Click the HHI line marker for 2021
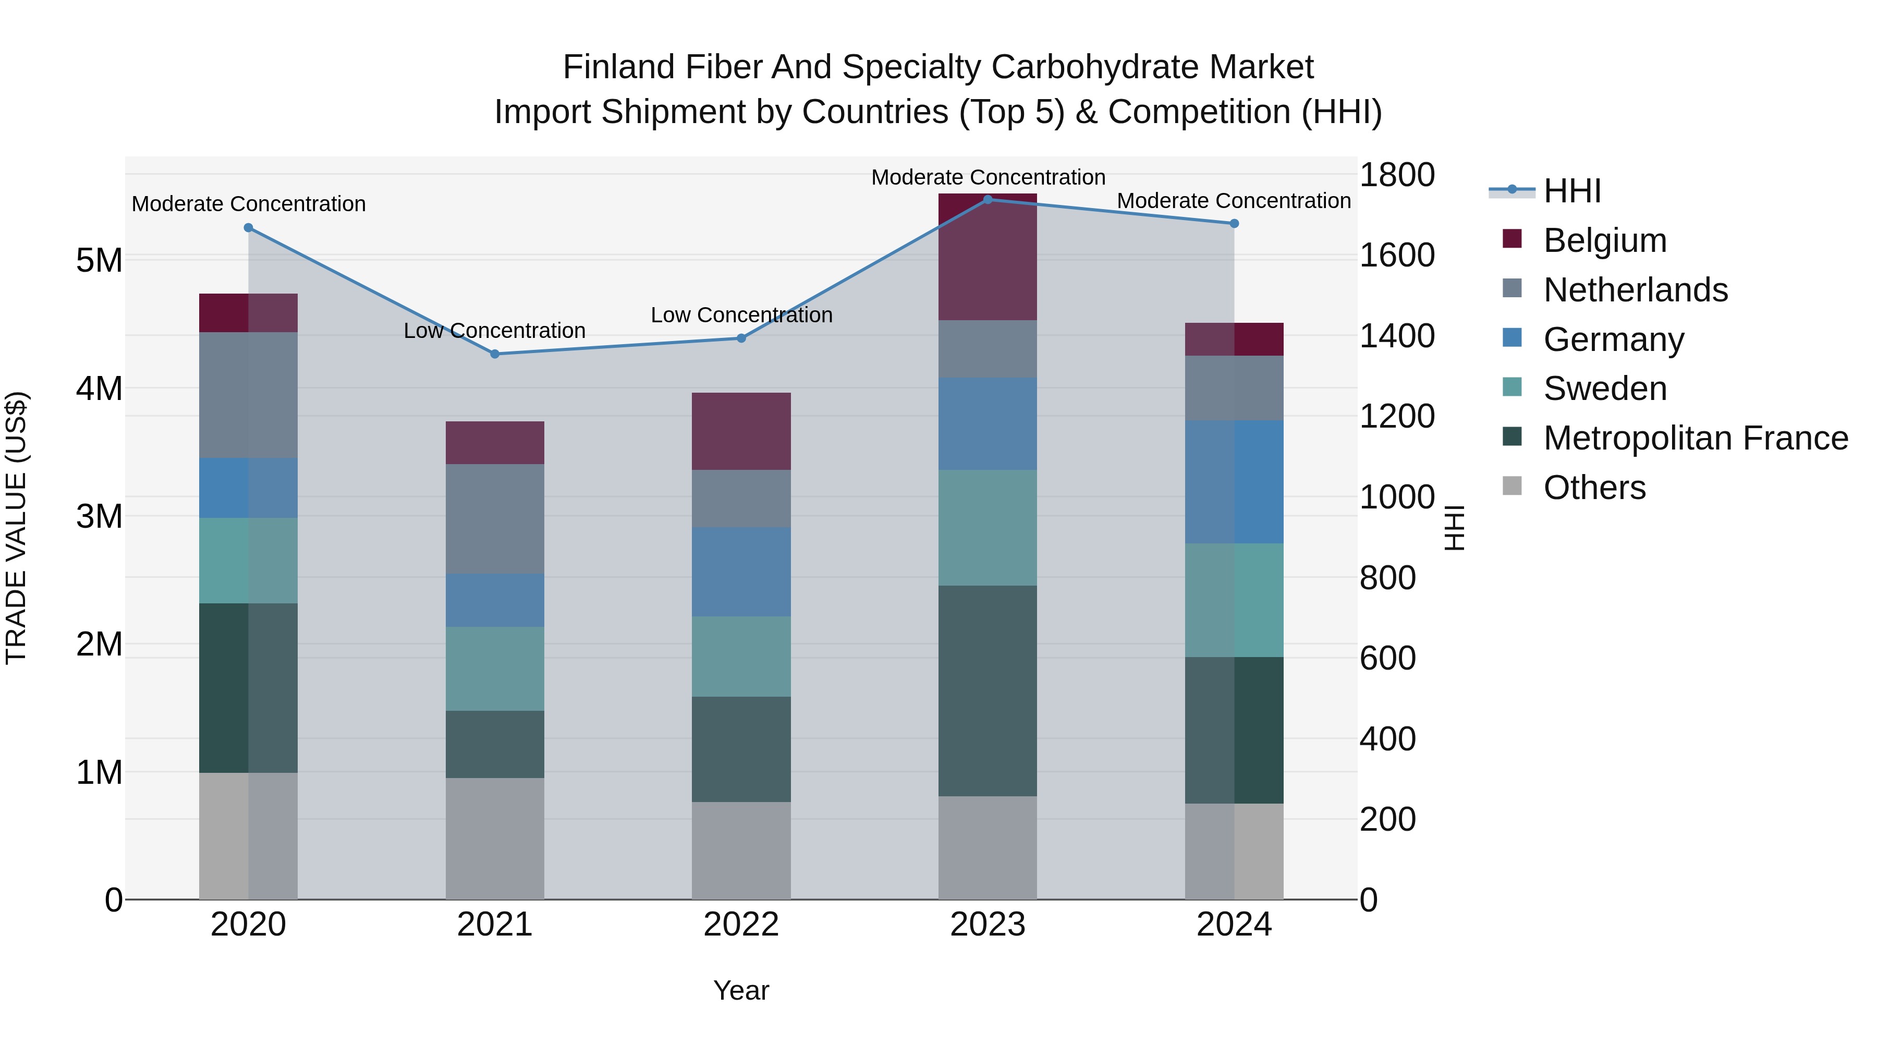tap(495, 354)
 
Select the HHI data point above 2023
tap(988, 199)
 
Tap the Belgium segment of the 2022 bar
tap(741, 431)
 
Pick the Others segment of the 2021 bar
tap(495, 838)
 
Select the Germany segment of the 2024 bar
tap(1234, 482)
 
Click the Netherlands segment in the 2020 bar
tap(249, 395)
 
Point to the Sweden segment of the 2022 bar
tap(741, 656)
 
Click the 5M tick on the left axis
tap(99, 260)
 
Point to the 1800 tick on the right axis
tap(1397, 175)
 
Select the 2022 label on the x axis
tap(741, 925)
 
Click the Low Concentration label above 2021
tap(495, 331)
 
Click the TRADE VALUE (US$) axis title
tap(16, 528)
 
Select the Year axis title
tap(741, 990)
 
